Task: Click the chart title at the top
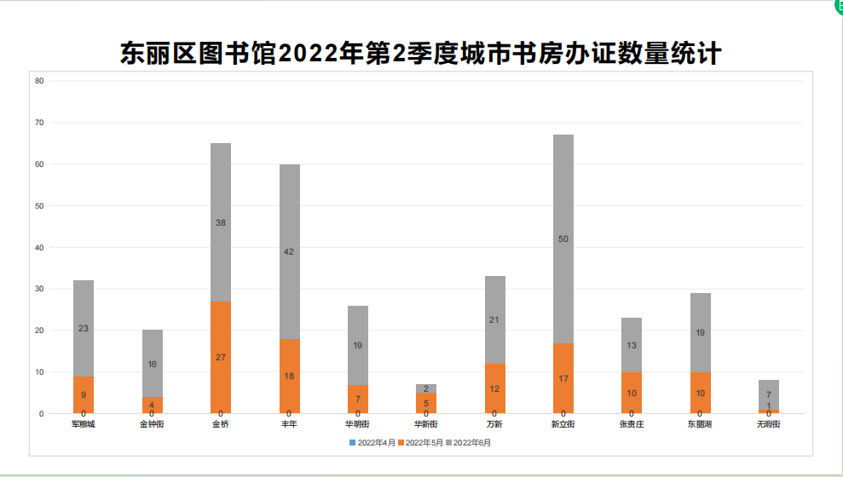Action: click(x=421, y=54)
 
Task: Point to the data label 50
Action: click(x=563, y=239)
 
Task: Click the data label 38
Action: click(x=221, y=222)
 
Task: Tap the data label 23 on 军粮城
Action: click(x=84, y=329)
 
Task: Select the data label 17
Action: click(x=563, y=378)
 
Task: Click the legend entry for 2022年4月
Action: click(x=372, y=443)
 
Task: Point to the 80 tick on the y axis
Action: click(x=39, y=81)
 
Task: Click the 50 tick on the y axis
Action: click(x=39, y=206)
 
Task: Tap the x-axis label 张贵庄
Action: click(x=632, y=424)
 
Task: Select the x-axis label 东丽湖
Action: click(x=700, y=424)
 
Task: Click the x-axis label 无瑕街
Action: click(x=769, y=424)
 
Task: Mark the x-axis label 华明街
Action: click(x=357, y=424)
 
